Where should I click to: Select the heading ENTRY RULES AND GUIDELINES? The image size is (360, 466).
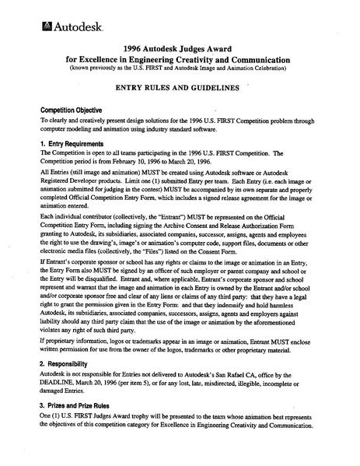click(x=178, y=90)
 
